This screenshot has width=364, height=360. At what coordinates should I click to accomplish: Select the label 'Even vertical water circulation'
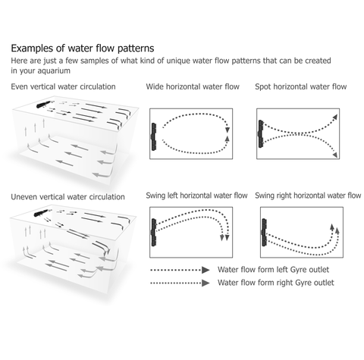coord(64,87)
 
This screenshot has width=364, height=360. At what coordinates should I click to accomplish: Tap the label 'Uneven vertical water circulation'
coord(68,196)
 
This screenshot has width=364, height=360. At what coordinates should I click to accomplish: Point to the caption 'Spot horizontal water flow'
coord(300,87)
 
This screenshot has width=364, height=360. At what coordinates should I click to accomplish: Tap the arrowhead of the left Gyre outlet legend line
coord(205,269)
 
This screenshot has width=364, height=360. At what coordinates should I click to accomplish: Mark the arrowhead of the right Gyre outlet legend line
coord(205,283)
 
